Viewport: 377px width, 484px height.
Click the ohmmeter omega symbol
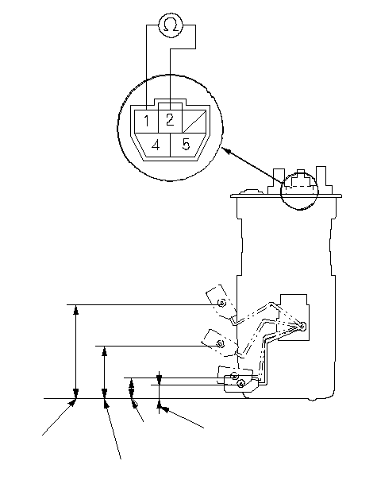171,25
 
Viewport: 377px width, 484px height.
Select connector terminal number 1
146,121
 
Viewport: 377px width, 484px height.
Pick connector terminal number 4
156,145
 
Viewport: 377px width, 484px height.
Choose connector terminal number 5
186,144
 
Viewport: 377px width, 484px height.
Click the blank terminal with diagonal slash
194,122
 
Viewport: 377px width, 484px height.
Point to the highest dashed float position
221,303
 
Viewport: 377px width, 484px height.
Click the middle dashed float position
220,343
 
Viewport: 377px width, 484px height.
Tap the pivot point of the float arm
302,326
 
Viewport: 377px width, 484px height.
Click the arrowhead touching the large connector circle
226,151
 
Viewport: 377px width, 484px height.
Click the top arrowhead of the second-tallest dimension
105,351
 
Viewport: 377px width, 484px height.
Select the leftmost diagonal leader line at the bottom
59,417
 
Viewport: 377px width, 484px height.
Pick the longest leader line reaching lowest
113,429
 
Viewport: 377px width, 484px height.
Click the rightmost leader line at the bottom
183,418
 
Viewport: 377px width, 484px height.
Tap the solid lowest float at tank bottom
240,383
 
